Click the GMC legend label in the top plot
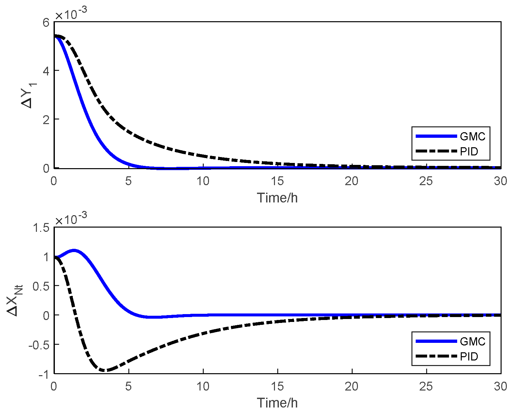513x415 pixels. [x=472, y=136]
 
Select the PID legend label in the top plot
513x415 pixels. [x=469, y=152]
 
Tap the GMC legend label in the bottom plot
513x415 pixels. [x=472, y=341]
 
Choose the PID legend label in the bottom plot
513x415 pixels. [x=469, y=357]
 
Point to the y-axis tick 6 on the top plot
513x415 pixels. [x=46, y=23]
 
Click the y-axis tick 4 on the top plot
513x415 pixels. [x=46, y=71]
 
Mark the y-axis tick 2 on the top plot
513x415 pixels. [x=46, y=120]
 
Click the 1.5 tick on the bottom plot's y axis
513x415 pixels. [x=41, y=228]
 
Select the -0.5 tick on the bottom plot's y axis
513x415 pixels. [x=39, y=345]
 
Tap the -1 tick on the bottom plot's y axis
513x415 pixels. [x=43, y=374]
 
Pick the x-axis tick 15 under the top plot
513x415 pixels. [x=277, y=181]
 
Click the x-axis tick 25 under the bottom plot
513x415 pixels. [x=426, y=386]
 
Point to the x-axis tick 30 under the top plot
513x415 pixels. [x=500, y=181]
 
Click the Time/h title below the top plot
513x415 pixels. [x=277, y=198]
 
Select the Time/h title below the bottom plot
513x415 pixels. [x=277, y=403]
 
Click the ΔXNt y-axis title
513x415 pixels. [x=15, y=300]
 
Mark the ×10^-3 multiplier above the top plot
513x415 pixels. [x=71, y=14]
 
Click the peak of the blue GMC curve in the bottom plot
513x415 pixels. [x=74, y=250]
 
